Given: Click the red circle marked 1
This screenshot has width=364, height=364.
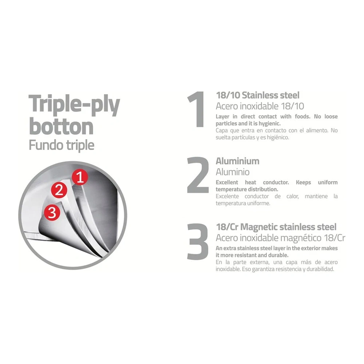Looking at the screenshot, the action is pos(80,177).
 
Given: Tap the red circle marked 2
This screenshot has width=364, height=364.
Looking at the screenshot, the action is pos(59,190).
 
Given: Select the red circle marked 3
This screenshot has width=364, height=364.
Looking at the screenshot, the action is pos(52,212).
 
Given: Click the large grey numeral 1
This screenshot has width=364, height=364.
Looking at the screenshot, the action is pos(197,109).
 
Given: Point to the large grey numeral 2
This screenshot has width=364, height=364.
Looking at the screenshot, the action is pos(198,175).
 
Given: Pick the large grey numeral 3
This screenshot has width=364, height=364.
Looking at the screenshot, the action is pos(198,241).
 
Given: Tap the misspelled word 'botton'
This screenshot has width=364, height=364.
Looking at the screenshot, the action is pos(61,127).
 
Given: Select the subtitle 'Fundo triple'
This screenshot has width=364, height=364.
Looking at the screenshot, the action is pos(62,146).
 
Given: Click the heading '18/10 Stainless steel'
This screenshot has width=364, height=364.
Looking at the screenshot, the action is pos(258,95).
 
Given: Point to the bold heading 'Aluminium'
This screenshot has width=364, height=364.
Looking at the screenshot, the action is pos(237,161).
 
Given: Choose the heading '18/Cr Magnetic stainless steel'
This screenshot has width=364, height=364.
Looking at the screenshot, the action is pos(276,227).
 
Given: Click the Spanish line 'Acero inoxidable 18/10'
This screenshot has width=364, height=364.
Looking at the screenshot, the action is pos(260,106).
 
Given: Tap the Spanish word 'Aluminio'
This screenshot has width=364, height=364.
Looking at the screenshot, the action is pos(233,172).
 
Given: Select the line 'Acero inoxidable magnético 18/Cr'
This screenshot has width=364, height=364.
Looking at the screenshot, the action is pos(280,238).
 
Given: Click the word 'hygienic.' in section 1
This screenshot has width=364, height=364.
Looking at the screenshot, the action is pos(269,123).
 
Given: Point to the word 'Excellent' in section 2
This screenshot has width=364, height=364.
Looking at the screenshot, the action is pos(227,182).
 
